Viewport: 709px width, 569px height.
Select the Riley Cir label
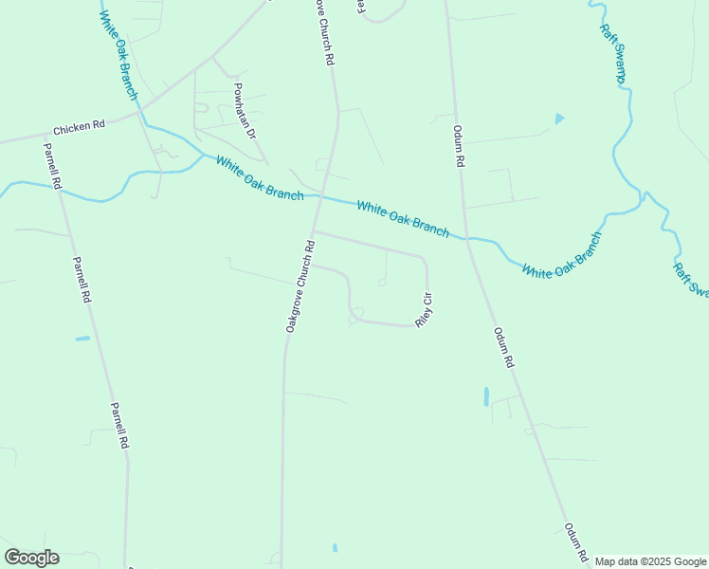tap(426, 309)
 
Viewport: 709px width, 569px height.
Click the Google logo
tap(31, 557)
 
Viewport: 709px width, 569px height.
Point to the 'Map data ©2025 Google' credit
tap(650, 561)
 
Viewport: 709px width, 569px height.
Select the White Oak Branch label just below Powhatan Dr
tap(259, 178)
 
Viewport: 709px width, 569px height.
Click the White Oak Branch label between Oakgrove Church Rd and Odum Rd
tap(402, 218)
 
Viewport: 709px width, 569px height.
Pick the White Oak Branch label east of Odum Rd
tap(562, 255)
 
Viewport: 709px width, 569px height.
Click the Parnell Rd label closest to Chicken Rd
tap(51, 165)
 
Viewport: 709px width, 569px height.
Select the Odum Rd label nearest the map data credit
tap(576, 541)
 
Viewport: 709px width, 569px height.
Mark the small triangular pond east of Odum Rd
tap(558, 119)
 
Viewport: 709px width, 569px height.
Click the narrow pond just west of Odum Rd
tap(486, 395)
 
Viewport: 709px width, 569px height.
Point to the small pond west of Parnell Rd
tap(82, 339)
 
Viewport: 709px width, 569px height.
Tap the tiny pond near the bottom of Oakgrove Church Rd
tap(335, 547)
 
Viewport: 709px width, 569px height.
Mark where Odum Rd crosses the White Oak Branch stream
tap(467, 238)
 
